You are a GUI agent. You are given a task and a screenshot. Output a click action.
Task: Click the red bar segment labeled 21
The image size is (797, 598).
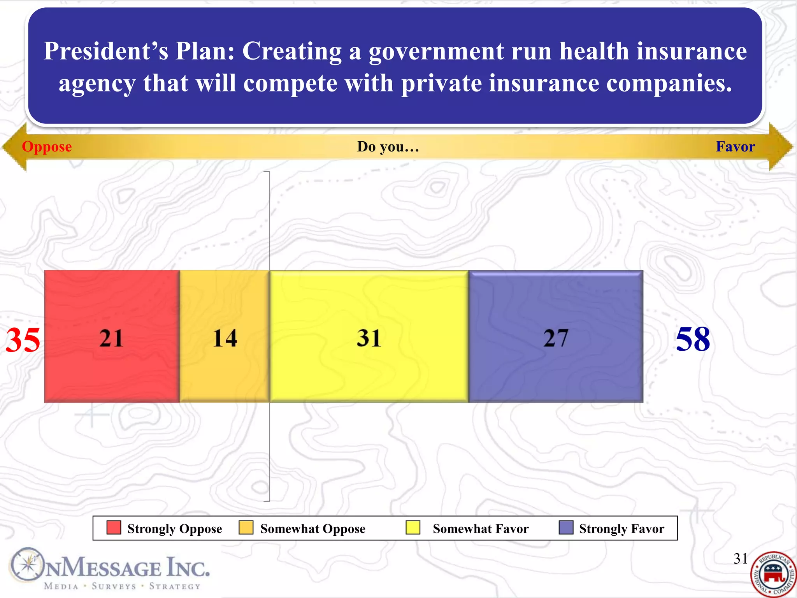pos(112,336)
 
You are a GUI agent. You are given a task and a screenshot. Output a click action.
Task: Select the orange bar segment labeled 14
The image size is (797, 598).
pos(225,336)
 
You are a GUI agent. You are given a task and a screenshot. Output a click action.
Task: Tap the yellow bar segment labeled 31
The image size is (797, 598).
pos(369,336)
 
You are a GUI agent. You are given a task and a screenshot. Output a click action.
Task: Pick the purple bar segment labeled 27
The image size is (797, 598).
pos(556,336)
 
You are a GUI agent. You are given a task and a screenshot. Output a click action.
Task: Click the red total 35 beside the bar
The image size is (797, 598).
pos(23,340)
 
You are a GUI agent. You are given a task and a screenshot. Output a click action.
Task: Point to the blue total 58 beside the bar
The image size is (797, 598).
pos(693,339)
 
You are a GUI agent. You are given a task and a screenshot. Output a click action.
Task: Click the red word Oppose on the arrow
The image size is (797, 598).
pos(47,147)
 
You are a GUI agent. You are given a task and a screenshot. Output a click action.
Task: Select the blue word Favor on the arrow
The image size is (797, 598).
pos(735,147)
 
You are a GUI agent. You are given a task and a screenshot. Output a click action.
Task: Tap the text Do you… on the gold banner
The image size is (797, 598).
pos(388,147)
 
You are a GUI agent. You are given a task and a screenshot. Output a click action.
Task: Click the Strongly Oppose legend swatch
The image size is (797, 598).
pos(114,528)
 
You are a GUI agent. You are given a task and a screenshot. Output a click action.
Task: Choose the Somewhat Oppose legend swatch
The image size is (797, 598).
pos(246,528)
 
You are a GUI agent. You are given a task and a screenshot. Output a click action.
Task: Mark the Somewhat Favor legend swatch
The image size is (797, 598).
pos(413,528)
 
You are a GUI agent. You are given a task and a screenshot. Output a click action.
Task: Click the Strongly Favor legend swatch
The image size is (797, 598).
pos(566,528)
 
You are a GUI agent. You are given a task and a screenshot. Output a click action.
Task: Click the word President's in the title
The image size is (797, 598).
pos(105,51)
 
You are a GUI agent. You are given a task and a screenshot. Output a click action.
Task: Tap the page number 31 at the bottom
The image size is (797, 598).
pos(740,559)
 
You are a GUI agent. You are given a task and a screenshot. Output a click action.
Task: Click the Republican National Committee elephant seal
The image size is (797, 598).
pos(773,574)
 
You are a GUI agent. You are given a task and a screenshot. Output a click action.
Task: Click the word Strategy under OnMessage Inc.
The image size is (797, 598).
pos(175,586)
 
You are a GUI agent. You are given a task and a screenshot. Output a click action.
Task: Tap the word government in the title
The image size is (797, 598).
pos(436,51)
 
